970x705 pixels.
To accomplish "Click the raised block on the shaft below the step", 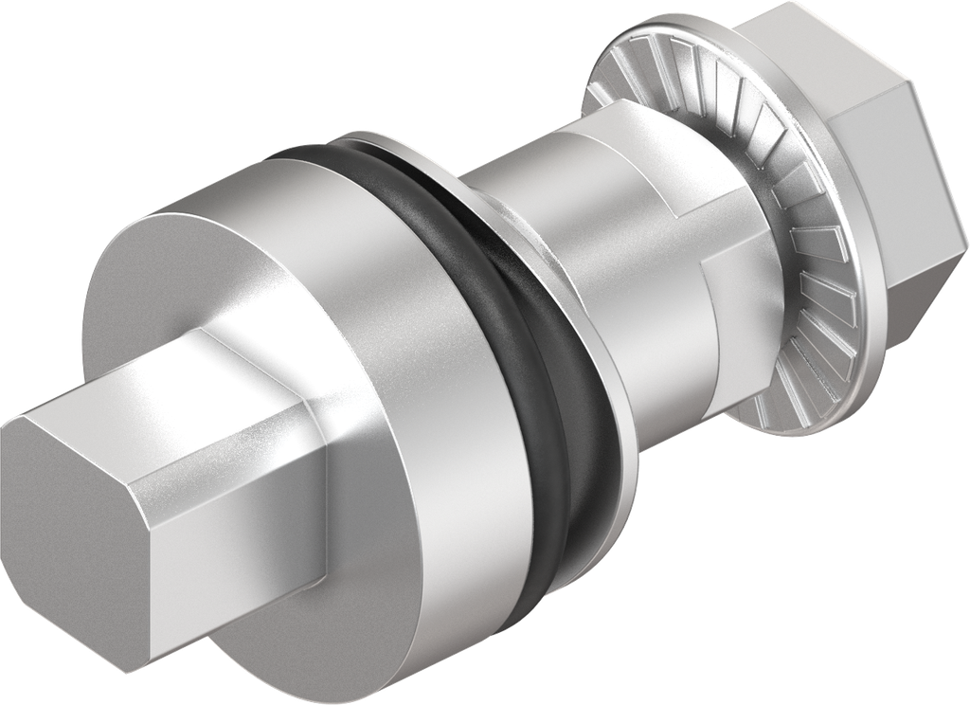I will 663,341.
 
